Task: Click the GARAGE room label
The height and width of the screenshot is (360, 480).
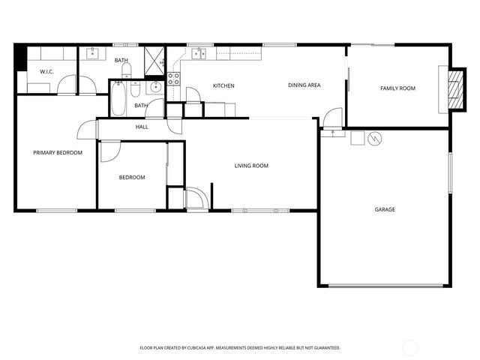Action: [x=385, y=209]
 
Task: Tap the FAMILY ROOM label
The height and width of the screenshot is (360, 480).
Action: [x=397, y=88]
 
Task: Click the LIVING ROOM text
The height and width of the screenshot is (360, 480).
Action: [x=251, y=166]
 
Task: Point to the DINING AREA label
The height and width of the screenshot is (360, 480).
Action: [x=304, y=85]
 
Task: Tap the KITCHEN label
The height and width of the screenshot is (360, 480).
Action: [x=223, y=85]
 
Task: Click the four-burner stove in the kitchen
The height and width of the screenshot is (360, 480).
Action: [x=173, y=76]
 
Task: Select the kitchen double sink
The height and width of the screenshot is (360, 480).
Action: [x=199, y=53]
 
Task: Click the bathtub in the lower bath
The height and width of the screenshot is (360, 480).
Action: [x=119, y=98]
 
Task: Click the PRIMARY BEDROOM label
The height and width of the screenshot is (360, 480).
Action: [x=58, y=153]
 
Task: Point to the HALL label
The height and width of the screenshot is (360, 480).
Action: [x=142, y=127]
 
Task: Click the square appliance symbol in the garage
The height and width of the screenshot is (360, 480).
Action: [x=357, y=138]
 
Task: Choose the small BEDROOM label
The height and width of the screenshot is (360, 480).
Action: [x=132, y=178]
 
